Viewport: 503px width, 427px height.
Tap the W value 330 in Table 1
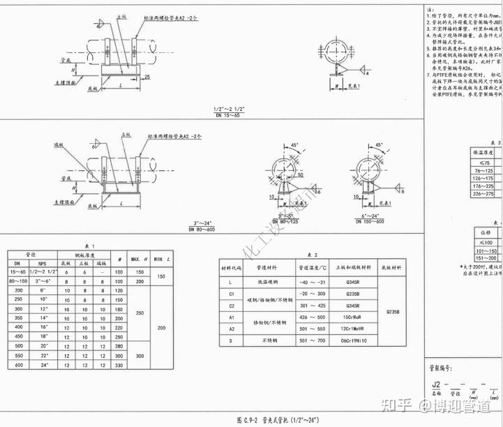click(121, 365)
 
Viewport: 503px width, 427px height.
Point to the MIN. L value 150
click(160, 276)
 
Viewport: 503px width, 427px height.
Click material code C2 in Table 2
click(231, 305)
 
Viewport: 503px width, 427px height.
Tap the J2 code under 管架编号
click(436, 384)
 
